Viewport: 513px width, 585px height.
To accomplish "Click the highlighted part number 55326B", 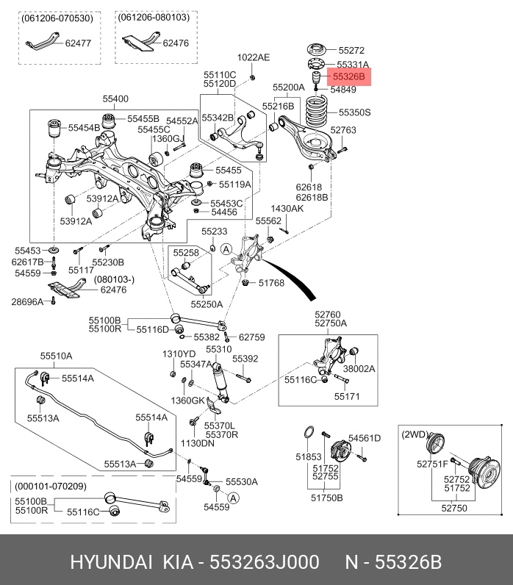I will click(351, 76).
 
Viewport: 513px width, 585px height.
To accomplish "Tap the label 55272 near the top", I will click(351, 51).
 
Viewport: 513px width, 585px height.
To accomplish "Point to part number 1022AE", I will click(254, 57).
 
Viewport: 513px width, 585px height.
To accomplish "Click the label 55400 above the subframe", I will click(115, 98).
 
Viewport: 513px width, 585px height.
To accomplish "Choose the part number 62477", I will click(78, 43).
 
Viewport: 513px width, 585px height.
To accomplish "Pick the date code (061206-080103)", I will click(153, 17).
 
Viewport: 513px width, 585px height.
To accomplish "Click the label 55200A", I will click(288, 87).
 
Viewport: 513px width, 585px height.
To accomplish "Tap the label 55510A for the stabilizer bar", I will click(56, 356).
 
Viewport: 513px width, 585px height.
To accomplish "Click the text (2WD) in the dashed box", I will click(415, 434).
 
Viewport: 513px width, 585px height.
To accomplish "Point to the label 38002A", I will click(359, 369).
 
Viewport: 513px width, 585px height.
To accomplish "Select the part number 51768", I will click(270, 283).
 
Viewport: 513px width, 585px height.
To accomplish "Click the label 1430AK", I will click(287, 209).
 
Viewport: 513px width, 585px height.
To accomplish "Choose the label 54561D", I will click(364, 439).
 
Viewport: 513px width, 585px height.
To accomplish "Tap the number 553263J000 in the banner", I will click(265, 563).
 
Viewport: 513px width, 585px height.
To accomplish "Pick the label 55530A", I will click(242, 482).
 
